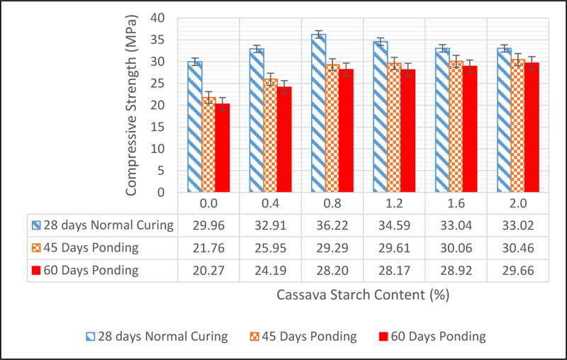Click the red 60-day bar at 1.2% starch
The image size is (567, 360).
coord(410,130)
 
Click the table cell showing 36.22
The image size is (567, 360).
coord(331,226)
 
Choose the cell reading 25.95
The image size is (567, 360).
coord(270,248)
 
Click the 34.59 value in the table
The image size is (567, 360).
coord(393,226)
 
